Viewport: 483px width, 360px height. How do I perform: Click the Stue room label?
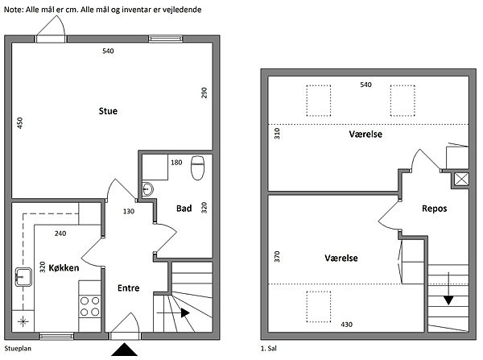(x=108, y=111)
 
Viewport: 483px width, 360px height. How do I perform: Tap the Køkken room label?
(x=64, y=268)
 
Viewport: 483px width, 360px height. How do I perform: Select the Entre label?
(x=129, y=288)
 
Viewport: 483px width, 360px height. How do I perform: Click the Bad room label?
(x=184, y=209)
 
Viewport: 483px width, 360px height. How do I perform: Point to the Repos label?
(x=435, y=209)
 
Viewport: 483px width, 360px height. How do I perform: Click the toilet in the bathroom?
(x=198, y=168)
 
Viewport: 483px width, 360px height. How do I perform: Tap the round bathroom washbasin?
(x=147, y=189)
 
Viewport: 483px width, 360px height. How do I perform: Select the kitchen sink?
(x=23, y=277)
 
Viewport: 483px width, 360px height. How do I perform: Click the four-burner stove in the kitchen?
(x=89, y=306)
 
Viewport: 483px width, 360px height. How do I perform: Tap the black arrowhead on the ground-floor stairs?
(x=185, y=312)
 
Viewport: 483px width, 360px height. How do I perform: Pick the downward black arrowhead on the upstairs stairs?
(x=448, y=300)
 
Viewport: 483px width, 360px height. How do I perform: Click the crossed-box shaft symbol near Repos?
(x=461, y=179)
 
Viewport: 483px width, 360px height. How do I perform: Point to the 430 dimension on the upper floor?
(x=346, y=325)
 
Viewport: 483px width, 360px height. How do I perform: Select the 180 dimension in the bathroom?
(x=176, y=163)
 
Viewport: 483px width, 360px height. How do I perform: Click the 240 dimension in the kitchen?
(x=60, y=234)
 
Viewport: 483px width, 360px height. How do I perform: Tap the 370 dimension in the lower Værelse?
(x=277, y=256)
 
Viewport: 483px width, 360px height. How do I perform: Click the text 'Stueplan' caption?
(x=18, y=349)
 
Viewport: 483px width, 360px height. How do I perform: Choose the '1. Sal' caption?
(x=269, y=349)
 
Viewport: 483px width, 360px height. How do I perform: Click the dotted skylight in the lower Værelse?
(x=319, y=307)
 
